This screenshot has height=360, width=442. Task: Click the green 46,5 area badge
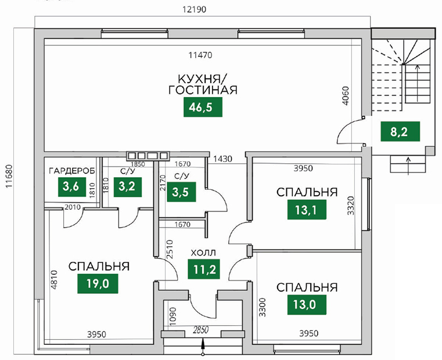[x=203, y=107]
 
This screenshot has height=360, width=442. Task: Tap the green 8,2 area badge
[x=400, y=131]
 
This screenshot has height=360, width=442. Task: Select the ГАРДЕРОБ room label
[x=72, y=171]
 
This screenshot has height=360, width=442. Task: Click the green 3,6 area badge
[x=72, y=186]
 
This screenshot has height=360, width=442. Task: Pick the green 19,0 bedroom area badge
[x=98, y=283]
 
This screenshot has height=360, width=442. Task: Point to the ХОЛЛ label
[x=203, y=253]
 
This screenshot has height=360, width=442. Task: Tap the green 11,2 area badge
[x=204, y=269]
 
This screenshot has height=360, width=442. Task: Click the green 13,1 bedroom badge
[x=307, y=210]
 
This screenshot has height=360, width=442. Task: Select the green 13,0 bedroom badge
[x=307, y=305]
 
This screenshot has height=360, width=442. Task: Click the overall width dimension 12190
[x=194, y=9]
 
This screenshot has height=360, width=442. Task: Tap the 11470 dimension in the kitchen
[x=200, y=55]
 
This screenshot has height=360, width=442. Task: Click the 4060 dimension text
[x=346, y=96]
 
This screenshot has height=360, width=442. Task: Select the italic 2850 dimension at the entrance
[x=200, y=329]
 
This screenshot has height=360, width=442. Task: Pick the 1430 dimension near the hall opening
[x=222, y=159]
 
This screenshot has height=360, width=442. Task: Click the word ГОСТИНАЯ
[x=203, y=90]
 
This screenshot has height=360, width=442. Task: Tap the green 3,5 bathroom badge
[x=181, y=192]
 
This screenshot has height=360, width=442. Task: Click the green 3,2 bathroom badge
[x=128, y=186]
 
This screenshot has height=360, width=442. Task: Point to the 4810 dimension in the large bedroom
[x=54, y=280]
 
